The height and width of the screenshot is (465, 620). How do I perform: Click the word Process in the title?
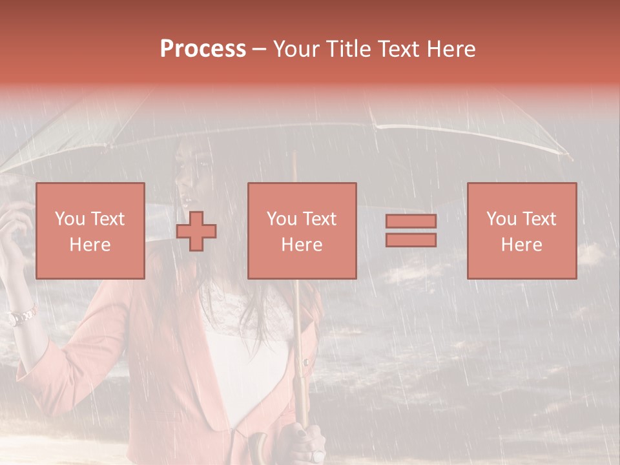click(203, 49)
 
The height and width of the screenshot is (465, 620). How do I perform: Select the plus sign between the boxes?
click(196, 231)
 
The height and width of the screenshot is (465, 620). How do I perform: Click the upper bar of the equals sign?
click(411, 221)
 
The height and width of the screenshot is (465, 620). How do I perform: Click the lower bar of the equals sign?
click(411, 240)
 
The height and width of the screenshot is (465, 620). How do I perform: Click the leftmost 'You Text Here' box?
click(90, 231)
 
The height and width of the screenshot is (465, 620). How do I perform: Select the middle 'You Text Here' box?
click(302, 231)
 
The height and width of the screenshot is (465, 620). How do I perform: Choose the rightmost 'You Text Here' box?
click(521, 231)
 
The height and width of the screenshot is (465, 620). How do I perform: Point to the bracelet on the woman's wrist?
click(22, 316)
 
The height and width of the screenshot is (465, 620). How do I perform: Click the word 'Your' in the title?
click(296, 49)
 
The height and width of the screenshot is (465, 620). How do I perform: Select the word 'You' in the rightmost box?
click(501, 219)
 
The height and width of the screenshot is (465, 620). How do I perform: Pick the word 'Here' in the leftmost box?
click(90, 245)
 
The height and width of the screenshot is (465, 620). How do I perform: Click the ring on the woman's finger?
click(316, 455)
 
